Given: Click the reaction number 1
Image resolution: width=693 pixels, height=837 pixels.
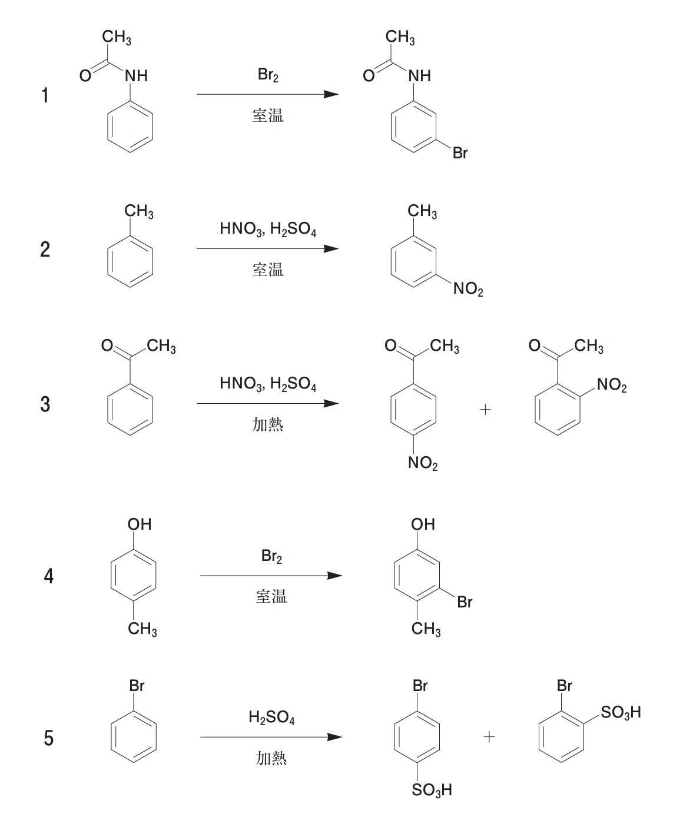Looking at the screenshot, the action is [45, 95].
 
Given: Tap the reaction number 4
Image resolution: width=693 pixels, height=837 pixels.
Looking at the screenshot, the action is [48, 576].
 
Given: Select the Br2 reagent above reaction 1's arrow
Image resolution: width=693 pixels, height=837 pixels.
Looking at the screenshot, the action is [268, 75].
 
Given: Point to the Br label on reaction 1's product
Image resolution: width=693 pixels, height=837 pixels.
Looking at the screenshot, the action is [460, 152].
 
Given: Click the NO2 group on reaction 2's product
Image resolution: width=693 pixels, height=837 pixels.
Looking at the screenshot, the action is [468, 288].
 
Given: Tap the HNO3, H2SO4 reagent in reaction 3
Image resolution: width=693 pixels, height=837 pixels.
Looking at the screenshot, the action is [268, 384].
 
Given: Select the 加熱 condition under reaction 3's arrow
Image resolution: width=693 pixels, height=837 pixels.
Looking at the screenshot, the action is [267, 424].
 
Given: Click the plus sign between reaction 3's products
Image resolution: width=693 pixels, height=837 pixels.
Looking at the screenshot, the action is [485, 409].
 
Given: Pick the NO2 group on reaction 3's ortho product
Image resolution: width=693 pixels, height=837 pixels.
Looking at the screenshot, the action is [612, 385].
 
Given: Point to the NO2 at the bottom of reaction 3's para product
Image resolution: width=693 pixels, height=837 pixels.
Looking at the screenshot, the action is [423, 463].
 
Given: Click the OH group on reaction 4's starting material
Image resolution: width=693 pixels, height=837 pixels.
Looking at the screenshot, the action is [140, 524].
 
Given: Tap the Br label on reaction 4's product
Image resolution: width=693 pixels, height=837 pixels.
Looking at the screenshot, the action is [465, 602].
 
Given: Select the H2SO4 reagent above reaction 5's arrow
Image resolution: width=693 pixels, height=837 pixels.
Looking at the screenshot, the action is [271, 717].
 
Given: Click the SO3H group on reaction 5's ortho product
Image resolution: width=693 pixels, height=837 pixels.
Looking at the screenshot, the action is [621, 712].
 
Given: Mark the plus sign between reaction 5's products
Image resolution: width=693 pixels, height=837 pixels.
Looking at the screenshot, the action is [489, 737].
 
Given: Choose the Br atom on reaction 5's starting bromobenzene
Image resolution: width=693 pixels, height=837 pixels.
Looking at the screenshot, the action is [137, 686].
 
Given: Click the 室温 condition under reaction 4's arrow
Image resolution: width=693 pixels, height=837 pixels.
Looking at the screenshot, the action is [271, 596].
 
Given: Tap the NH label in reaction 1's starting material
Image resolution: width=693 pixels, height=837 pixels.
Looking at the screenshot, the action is [137, 76].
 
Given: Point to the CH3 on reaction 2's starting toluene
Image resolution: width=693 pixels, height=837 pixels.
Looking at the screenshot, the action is [139, 211].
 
